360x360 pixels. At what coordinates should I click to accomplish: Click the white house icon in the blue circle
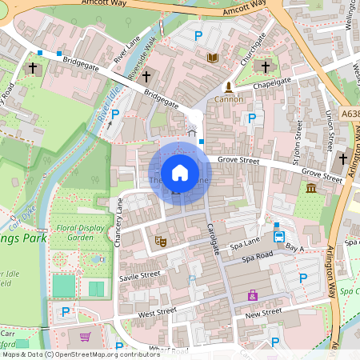click(x=180, y=172)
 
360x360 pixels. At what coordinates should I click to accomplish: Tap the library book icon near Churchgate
click(x=213, y=58)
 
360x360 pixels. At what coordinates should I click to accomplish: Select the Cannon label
click(x=228, y=100)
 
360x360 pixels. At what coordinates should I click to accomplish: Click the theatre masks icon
click(x=160, y=239)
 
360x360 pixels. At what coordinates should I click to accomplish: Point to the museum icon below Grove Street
click(x=311, y=187)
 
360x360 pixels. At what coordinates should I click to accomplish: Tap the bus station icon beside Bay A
click(x=279, y=237)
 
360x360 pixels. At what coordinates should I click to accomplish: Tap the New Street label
click(x=264, y=312)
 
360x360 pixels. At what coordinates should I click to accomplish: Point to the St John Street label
click(x=297, y=142)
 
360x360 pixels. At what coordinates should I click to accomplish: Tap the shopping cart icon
click(x=86, y=337)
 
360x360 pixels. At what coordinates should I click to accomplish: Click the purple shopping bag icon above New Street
click(x=254, y=295)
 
